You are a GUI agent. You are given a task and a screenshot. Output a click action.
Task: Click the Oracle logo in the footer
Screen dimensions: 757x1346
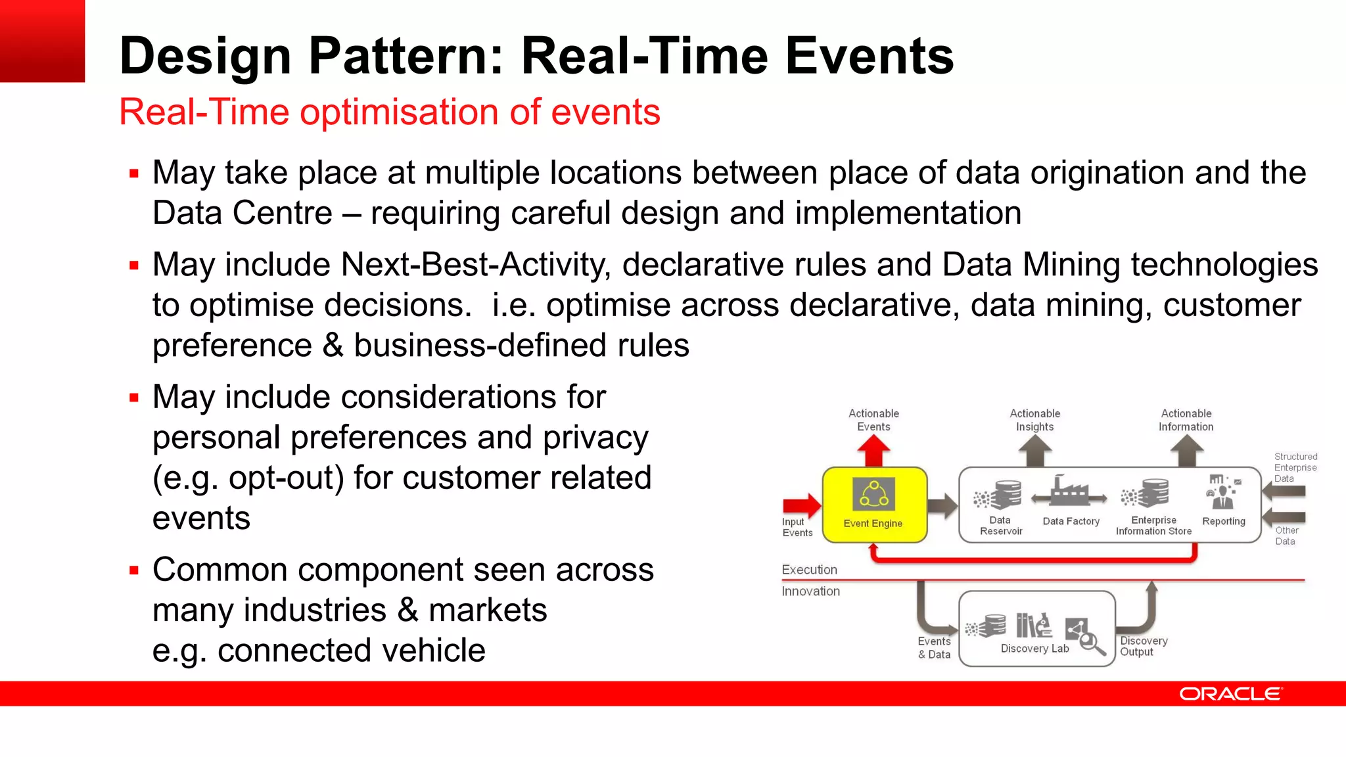[1230, 694]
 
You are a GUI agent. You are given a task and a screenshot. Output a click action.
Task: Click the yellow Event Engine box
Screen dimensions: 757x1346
[874, 505]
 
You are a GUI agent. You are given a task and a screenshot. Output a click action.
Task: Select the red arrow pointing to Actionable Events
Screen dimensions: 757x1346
[873, 452]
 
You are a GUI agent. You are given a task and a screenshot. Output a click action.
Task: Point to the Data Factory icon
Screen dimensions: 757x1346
[1069, 493]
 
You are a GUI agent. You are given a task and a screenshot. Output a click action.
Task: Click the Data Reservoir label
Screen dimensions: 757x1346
[1001, 526]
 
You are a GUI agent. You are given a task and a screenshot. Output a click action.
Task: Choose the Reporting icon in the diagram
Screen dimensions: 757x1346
[1222, 493]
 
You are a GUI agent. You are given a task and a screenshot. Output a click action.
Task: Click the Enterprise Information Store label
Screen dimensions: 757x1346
[1153, 526]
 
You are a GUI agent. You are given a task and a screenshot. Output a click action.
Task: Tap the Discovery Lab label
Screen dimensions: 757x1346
[1034, 649]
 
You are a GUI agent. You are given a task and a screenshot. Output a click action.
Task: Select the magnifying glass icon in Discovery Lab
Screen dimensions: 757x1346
[1091, 642]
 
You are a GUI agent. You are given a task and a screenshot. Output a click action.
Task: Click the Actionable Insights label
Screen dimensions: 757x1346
[1035, 420]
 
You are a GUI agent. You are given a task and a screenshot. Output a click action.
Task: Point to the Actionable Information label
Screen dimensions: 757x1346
[1186, 420]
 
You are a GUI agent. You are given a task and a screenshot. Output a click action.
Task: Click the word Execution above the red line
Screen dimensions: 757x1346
[810, 570]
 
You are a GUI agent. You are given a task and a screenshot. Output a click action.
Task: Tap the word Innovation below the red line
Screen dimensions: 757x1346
[811, 591]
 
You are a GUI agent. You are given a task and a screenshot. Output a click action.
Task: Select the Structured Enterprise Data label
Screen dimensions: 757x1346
[1295, 467]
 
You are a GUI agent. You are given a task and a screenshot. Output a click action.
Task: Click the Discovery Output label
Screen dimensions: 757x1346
[1144, 646]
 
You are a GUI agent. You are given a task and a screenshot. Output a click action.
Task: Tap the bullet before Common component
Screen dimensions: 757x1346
[134, 570]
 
